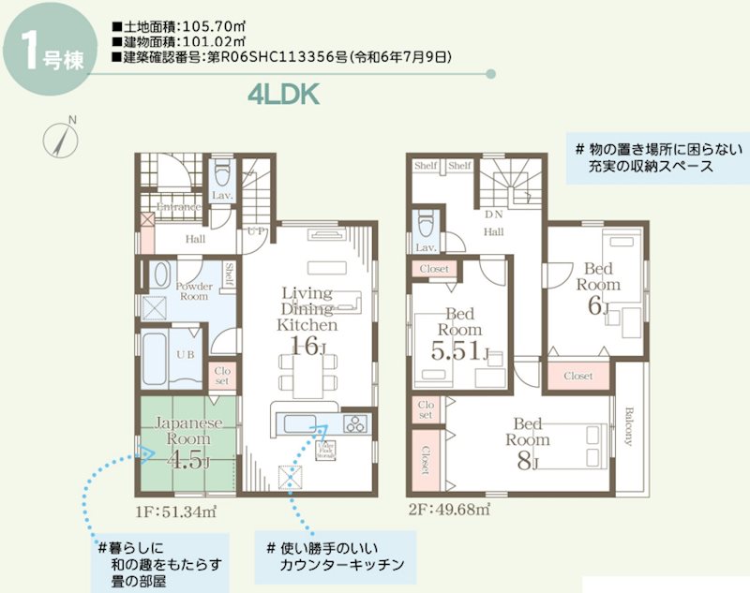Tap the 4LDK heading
tap(285, 94)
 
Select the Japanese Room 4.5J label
tap(188, 441)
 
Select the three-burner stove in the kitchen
tap(357, 423)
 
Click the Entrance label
tap(178, 207)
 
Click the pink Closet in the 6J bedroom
tap(578, 376)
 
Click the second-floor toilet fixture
tap(425, 224)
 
